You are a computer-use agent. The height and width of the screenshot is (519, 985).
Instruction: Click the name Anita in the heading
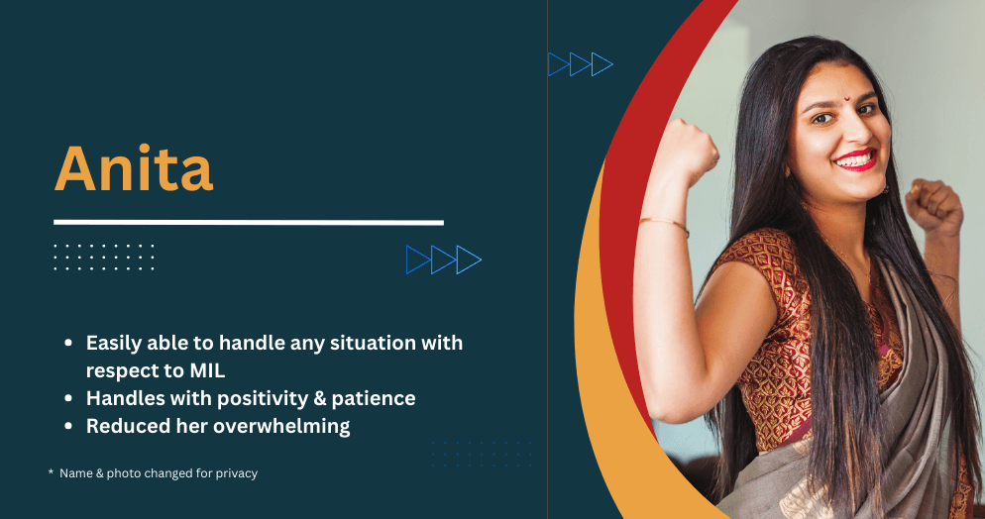(134, 168)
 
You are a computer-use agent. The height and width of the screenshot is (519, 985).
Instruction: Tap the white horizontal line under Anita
(249, 222)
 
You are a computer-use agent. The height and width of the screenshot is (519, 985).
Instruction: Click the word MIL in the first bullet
(207, 370)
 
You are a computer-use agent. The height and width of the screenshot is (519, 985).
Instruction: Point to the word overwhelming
(281, 426)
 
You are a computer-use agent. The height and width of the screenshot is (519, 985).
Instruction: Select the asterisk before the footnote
(51, 471)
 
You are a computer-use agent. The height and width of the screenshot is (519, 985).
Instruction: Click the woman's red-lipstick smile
(854, 160)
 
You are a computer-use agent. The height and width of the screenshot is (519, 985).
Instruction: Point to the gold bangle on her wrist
(664, 224)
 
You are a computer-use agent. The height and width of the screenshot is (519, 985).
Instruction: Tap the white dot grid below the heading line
(104, 258)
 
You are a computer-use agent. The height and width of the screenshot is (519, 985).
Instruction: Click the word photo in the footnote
(124, 473)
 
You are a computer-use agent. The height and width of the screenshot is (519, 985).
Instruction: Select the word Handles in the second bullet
(123, 398)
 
